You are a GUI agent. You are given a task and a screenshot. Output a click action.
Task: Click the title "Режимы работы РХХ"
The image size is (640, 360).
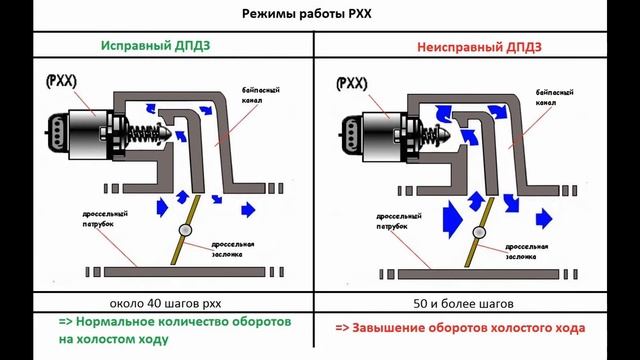(307, 14)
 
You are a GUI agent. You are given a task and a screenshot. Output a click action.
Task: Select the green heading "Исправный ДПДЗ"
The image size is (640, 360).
(156, 45)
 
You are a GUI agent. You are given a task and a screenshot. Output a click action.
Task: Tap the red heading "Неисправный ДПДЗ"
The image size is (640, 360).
(479, 47)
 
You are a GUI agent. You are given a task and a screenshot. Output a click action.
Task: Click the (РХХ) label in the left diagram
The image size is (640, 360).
(61, 81)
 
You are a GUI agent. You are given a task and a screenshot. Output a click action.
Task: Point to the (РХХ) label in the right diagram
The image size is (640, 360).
(352, 84)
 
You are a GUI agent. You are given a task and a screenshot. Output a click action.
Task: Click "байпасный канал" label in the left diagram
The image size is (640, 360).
(260, 95)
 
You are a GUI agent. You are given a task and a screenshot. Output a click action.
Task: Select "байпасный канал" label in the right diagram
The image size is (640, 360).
(554, 98)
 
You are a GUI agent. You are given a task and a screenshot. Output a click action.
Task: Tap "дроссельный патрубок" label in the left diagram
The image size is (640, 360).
(105, 219)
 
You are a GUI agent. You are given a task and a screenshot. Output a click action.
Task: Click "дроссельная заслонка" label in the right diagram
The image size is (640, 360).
(527, 251)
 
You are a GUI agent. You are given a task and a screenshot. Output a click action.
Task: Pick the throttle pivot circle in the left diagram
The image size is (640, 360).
(186, 230)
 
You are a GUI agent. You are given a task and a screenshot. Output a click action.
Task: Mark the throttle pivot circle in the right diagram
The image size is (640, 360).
(479, 233)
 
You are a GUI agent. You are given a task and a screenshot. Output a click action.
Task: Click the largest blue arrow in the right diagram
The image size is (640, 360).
(452, 219)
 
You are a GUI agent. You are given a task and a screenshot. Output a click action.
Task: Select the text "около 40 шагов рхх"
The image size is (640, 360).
(165, 304)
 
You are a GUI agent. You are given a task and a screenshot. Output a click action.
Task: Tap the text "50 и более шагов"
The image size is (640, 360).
(463, 304)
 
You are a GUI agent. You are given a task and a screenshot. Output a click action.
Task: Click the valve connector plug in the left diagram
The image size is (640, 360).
(56, 131)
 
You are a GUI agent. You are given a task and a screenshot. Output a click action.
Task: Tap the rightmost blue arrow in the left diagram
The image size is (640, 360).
(248, 210)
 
